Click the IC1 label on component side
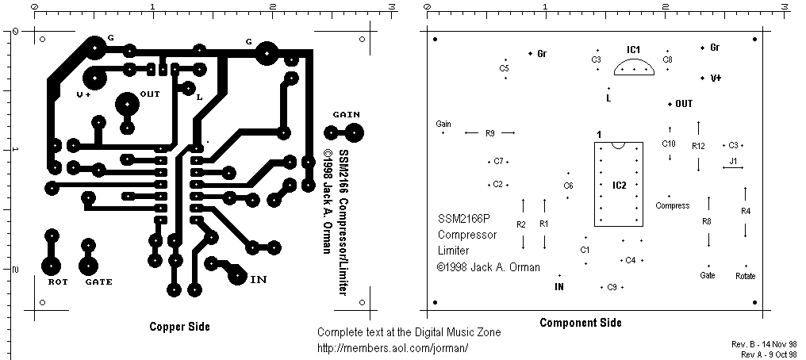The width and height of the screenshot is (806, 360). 633,49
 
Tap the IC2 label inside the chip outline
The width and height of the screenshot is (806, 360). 620,186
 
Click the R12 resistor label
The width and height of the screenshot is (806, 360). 698,146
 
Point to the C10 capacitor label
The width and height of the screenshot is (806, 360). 669,144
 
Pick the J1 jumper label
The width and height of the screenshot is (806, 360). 733,161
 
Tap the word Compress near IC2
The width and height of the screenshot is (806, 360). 673,205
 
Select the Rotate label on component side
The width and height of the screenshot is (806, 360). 745,276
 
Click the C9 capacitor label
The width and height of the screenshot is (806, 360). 612,287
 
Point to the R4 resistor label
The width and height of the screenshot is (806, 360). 745,211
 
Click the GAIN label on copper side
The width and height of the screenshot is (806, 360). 347,115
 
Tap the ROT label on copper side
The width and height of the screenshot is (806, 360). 57,281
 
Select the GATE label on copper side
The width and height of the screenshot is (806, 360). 98,281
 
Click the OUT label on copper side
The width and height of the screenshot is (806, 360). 150,94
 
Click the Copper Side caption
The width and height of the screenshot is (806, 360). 180,326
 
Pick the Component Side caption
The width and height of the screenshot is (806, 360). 581,323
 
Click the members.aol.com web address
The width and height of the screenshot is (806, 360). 393,347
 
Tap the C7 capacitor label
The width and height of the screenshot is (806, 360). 498,161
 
